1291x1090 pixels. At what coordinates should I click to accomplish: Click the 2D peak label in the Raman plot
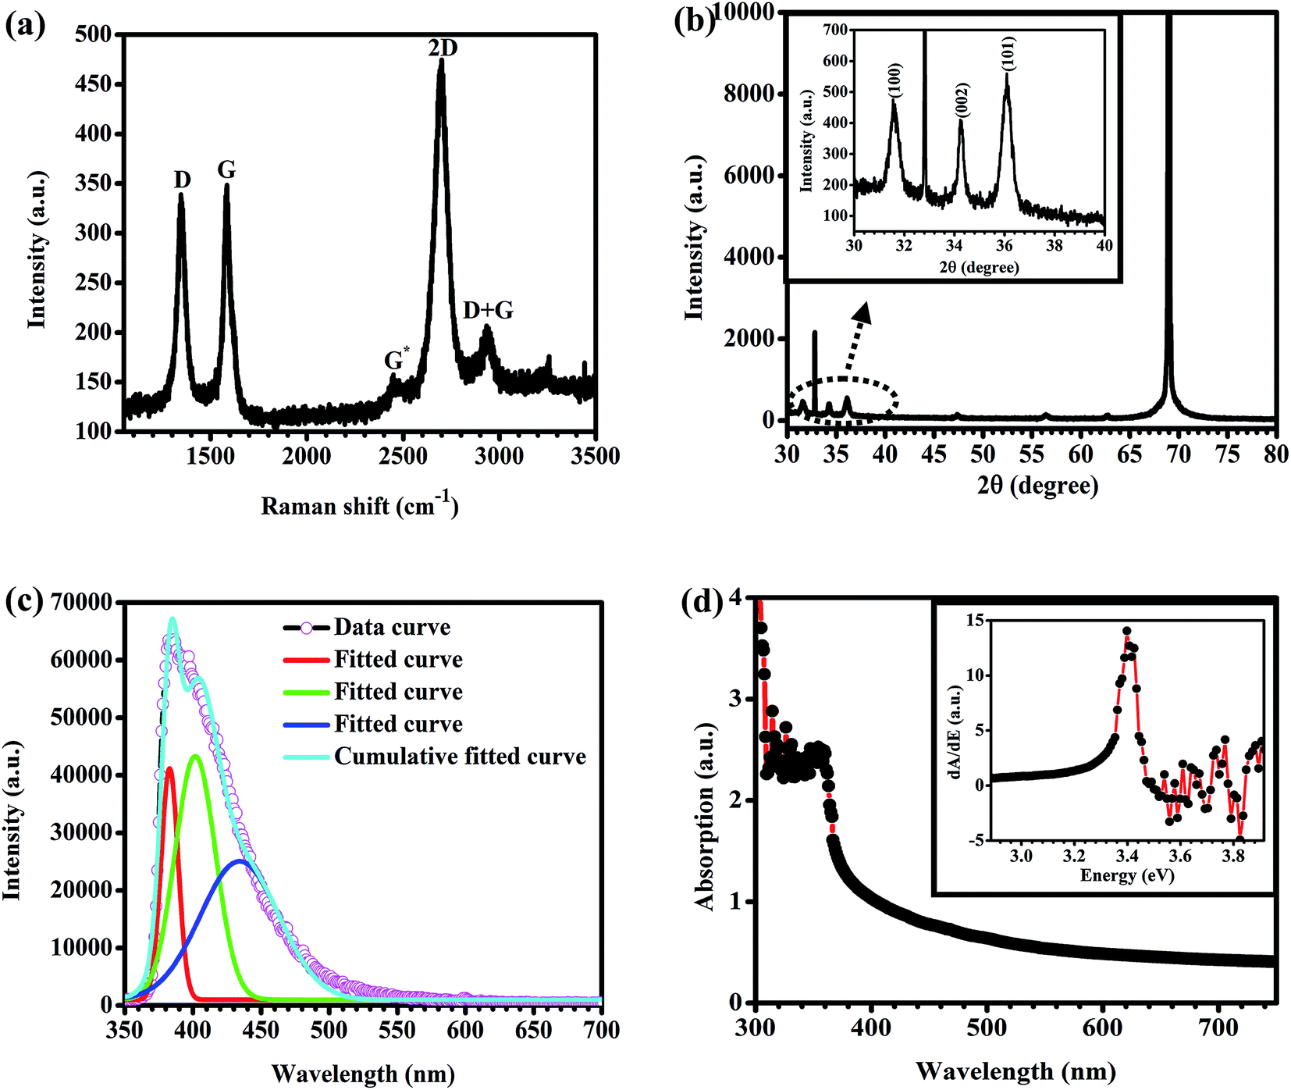coord(443,48)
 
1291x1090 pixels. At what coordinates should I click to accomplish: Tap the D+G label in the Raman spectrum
coord(488,311)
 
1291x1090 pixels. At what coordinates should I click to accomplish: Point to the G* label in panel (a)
coord(396,359)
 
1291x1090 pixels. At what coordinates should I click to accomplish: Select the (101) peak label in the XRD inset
coord(1009,54)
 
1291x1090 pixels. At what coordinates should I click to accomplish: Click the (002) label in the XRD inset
coord(962,100)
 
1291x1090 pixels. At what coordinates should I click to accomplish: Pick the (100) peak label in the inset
coord(895,80)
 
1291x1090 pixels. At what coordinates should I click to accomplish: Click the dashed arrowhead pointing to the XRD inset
coord(862,314)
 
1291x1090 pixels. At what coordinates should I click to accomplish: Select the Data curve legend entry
coord(392,628)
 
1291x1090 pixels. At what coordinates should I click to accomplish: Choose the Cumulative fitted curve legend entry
coord(460,757)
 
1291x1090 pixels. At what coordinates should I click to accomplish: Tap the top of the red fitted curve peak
coord(169,768)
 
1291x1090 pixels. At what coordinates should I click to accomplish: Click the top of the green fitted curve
coord(195,756)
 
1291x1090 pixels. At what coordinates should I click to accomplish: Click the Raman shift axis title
coord(360,506)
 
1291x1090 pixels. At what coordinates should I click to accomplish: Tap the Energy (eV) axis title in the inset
coord(1127,875)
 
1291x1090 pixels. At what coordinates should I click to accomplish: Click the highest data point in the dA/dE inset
coord(1126,631)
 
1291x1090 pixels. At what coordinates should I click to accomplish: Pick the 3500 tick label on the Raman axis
coord(595,456)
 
